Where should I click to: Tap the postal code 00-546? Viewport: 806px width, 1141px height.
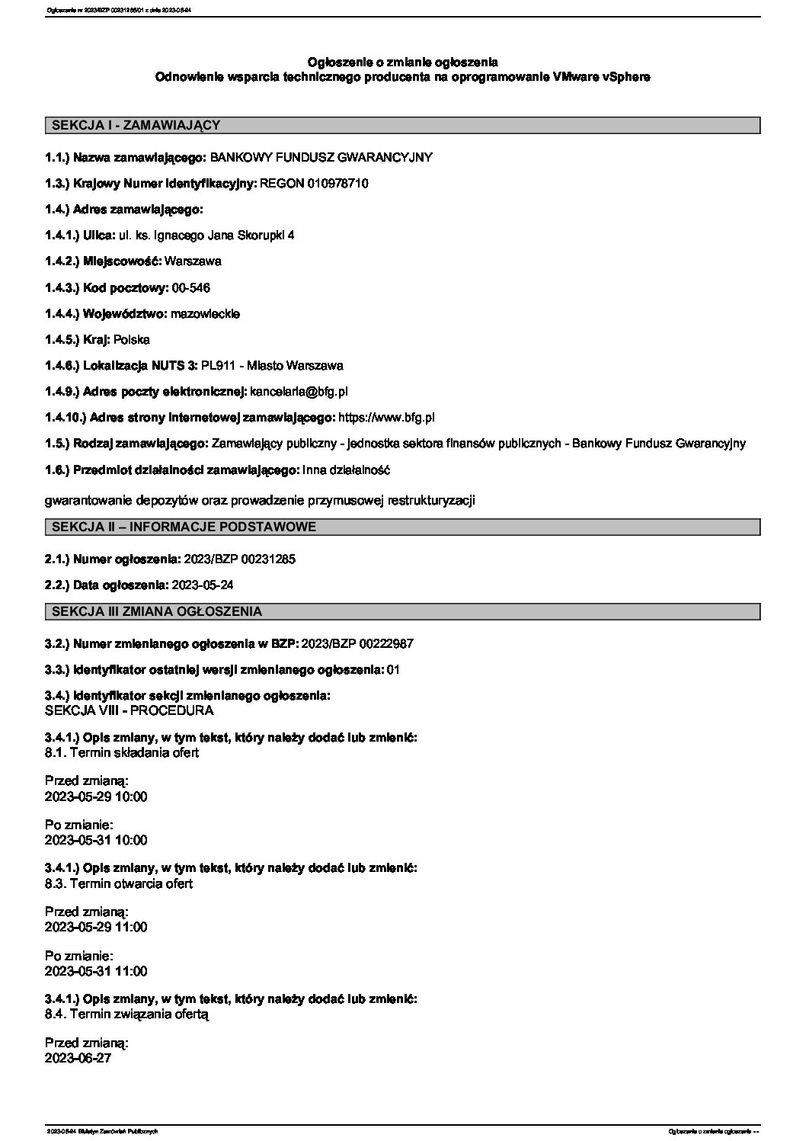click(191, 287)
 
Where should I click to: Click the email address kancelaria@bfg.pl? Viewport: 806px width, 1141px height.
click(299, 391)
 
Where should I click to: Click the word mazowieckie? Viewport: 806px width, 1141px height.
click(205, 313)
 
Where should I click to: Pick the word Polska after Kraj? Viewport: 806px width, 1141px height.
click(132, 339)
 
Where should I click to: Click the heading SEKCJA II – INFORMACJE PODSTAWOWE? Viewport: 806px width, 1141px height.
click(183, 527)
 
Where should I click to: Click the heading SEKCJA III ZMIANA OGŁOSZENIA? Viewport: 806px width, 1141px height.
click(156, 611)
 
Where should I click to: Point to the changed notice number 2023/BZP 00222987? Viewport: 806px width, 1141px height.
click(357, 643)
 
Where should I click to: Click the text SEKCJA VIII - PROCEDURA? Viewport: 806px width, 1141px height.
click(130, 710)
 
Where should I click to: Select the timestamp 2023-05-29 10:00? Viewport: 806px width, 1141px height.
click(96, 796)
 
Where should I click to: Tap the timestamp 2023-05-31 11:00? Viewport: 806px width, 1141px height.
click(96, 971)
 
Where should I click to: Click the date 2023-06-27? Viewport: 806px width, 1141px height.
click(78, 1058)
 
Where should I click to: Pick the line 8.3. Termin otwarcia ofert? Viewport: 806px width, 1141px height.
click(119, 883)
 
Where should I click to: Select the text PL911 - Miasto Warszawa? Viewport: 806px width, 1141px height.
click(272, 365)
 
